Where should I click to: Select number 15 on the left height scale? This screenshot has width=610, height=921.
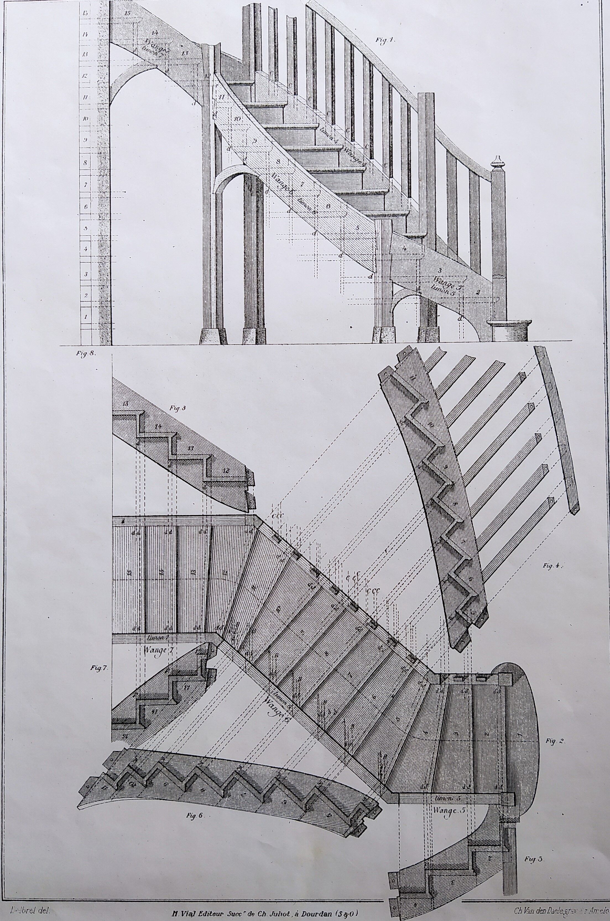click(x=85, y=13)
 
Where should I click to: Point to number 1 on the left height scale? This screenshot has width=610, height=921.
click(x=85, y=317)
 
